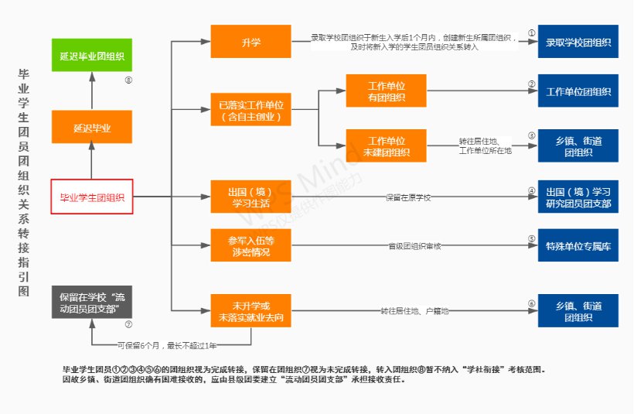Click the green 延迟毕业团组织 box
[91, 56]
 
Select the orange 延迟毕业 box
[91, 128]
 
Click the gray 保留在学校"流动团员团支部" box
[91, 303]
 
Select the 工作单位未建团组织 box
[387, 146]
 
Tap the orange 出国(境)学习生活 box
[251, 197]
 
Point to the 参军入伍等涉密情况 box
[251, 245]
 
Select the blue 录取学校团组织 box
[578, 41]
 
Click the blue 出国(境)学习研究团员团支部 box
[578, 197]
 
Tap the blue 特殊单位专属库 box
[578, 245]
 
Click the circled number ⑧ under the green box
[128, 80]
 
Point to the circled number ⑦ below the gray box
[128, 325]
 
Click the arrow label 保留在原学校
[407, 197]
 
